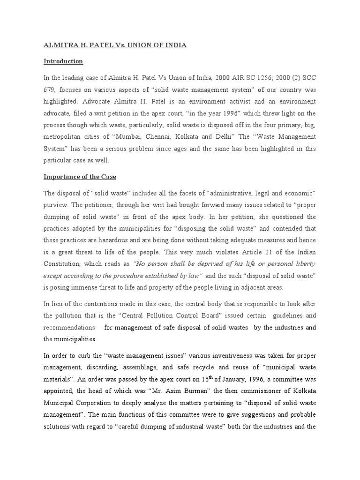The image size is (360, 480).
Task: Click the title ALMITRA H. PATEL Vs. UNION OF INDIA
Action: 115,45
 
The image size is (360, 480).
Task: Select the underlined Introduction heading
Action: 63,61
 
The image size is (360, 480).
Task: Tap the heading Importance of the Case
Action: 80,177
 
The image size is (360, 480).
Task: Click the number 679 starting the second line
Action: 50,90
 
